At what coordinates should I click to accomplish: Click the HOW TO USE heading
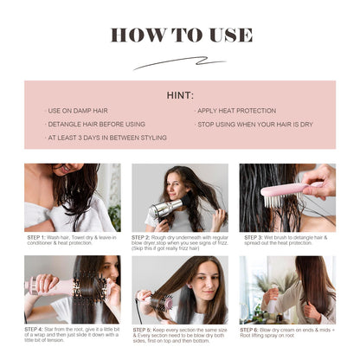(180, 35)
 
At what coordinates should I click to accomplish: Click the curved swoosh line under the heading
(179, 62)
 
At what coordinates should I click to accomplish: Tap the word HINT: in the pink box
(180, 95)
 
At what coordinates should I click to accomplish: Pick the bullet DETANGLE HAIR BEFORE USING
(93, 124)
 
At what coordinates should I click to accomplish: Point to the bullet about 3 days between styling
(97, 137)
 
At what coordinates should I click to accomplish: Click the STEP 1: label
(36, 236)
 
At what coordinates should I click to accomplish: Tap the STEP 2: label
(142, 236)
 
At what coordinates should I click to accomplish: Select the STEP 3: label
(254, 236)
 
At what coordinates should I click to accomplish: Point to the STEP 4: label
(36, 330)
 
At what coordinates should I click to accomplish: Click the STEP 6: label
(252, 330)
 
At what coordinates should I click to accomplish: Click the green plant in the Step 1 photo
(114, 212)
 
